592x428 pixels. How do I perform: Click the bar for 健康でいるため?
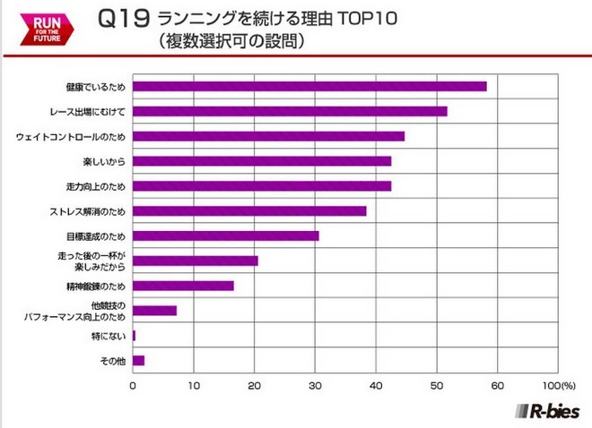pyautogui.click(x=309, y=86)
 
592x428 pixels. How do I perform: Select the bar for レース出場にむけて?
pyautogui.click(x=290, y=111)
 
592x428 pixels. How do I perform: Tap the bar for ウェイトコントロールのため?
pyautogui.click(x=268, y=136)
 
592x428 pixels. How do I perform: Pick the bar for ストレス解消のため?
pyautogui.click(x=249, y=211)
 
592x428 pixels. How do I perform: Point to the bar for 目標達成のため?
pyautogui.click(x=225, y=235)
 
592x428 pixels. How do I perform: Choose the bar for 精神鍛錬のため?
pyautogui.click(x=183, y=286)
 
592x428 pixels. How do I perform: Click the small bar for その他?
pyautogui.click(x=138, y=361)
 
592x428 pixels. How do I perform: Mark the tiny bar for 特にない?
pyautogui.click(x=135, y=336)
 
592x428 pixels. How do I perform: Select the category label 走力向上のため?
pyautogui.click(x=96, y=186)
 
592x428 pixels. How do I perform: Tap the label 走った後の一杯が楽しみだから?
pyautogui.click(x=93, y=261)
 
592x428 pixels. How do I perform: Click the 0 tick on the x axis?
pyautogui.click(x=133, y=385)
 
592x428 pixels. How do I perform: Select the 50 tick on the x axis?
pyautogui.click(x=437, y=385)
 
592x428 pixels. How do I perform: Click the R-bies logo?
pyautogui.click(x=545, y=411)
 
